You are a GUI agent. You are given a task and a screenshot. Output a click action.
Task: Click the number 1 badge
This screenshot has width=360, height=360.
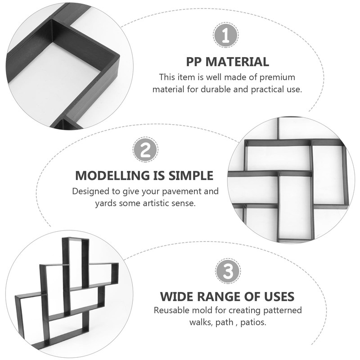(226, 35)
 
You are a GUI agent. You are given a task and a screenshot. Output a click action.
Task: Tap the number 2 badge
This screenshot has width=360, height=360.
(145, 150)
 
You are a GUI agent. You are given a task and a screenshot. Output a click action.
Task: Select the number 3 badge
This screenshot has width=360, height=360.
(228, 271)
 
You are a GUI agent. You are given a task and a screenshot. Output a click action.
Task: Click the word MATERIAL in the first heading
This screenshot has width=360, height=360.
(238, 62)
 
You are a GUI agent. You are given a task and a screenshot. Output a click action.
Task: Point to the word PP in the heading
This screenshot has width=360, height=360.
(194, 62)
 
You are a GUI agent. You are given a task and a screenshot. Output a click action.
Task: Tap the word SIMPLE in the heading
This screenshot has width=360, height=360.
(191, 175)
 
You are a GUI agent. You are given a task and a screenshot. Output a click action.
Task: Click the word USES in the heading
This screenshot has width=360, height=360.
(279, 297)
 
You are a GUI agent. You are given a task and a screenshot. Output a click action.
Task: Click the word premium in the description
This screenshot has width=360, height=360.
(277, 77)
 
